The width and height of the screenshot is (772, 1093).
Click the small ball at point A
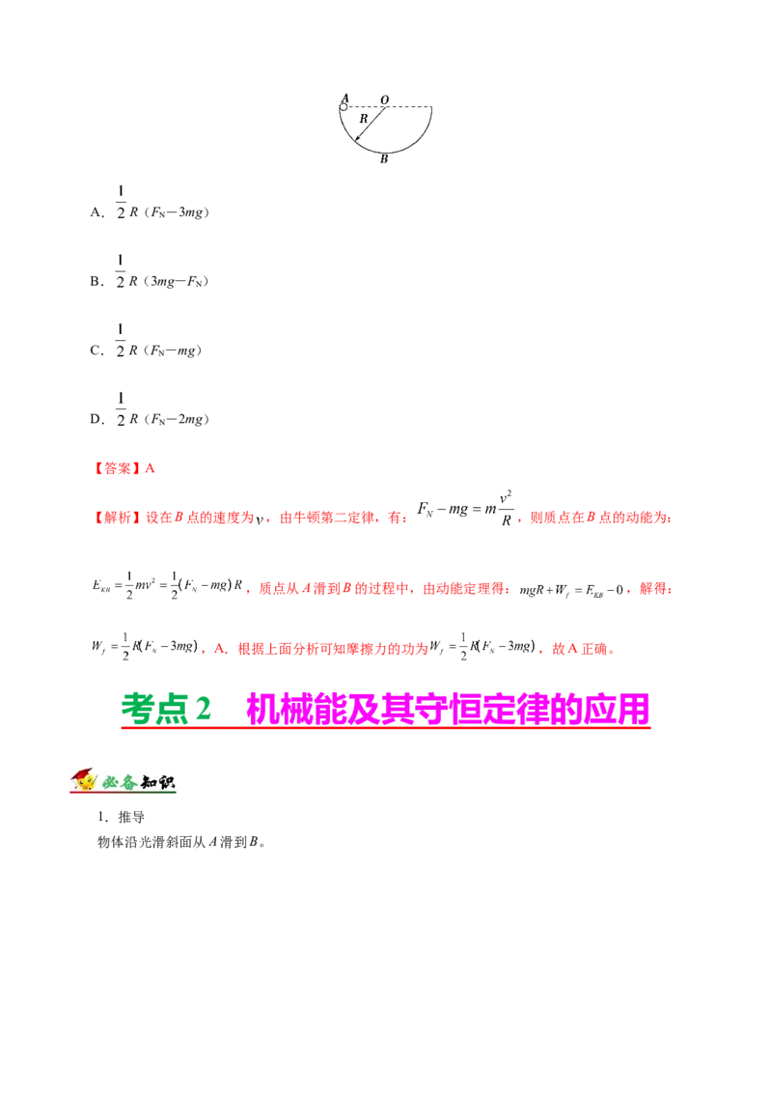point(344,107)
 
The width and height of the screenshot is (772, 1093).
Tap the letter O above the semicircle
point(385,100)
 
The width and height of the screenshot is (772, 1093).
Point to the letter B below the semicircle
point(384,159)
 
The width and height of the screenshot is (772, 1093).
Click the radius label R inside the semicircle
point(363,119)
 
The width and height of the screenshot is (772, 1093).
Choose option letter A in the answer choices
point(96,212)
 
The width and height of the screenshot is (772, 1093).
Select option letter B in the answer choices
point(96,282)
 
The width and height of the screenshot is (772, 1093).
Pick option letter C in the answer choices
point(96,350)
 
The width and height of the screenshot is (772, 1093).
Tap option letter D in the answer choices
point(96,420)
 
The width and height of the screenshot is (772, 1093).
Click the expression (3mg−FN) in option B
point(177,282)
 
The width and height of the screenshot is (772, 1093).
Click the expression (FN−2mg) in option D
point(177,420)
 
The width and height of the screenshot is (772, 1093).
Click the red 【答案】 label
point(117,468)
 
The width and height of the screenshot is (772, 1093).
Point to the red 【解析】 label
point(117,518)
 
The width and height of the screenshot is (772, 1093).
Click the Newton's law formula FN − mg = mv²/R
point(465,509)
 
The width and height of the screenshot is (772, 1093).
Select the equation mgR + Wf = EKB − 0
point(571,590)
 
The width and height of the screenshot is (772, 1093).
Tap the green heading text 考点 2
point(167,709)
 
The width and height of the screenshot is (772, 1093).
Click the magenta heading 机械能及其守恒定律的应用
point(448,709)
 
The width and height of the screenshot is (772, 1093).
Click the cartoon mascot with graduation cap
point(84,780)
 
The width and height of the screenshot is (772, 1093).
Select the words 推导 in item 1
point(131,817)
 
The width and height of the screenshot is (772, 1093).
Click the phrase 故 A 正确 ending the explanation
point(580,649)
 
